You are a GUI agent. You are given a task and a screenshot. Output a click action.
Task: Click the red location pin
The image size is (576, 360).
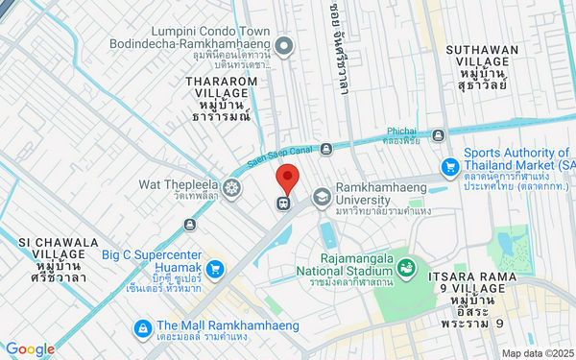(286, 179)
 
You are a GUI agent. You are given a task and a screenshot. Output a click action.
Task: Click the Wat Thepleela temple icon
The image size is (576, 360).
(231, 185)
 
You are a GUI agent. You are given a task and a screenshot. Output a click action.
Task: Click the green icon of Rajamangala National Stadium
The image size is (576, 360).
(406, 266)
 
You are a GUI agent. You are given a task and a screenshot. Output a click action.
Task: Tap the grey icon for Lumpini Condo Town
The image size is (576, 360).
(284, 45)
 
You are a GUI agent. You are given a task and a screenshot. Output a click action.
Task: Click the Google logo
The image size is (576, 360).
(30, 349)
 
